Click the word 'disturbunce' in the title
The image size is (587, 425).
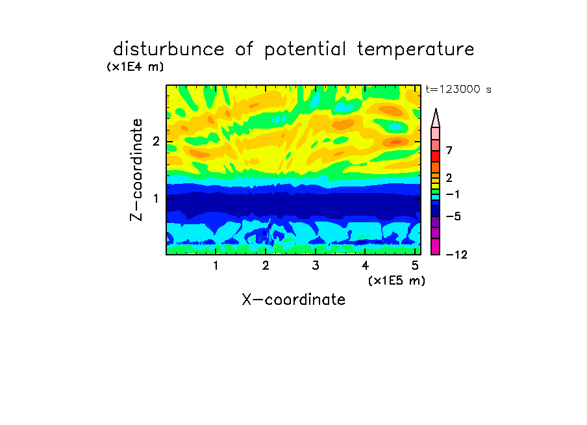(x=169, y=49)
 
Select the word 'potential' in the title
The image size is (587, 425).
(x=305, y=50)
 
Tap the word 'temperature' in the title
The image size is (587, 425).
(x=416, y=50)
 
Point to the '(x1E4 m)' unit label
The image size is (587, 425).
(x=135, y=67)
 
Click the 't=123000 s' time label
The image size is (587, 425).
(x=458, y=89)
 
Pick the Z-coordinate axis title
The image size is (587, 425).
(x=136, y=170)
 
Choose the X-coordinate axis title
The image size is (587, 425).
(x=293, y=300)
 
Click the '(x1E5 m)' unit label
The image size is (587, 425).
(x=397, y=280)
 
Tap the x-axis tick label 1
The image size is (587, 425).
(x=216, y=266)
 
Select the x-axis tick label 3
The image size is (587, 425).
(x=315, y=266)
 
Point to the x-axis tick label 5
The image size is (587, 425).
(x=415, y=266)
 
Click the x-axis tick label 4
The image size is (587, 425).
(x=365, y=266)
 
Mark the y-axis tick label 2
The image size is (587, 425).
(x=156, y=142)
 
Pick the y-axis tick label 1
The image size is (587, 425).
(x=156, y=198)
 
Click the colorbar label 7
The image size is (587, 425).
(x=449, y=150)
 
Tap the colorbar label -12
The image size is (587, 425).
(x=456, y=255)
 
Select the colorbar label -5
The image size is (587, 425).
(x=453, y=216)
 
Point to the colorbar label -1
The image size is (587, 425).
(x=453, y=194)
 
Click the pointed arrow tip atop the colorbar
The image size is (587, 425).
(x=436, y=109)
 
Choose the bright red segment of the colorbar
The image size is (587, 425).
(x=436, y=156)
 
